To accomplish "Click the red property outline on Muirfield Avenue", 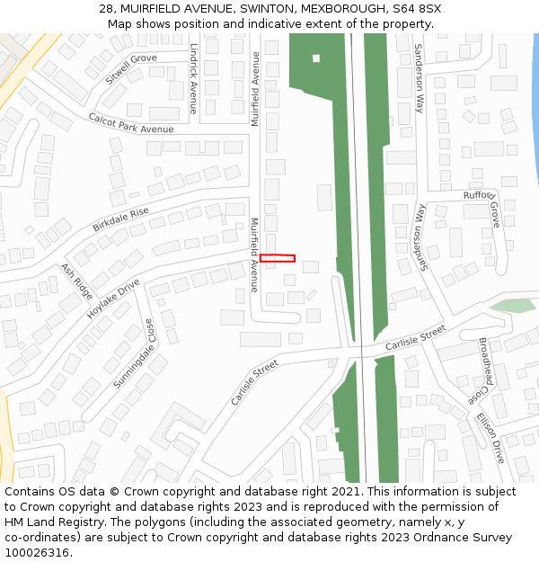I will (x=278, y=258).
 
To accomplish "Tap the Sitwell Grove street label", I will (x=130, y=68).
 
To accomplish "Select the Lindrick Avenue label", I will (x=193, y=81).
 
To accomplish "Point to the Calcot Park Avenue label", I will (x=130, y=123).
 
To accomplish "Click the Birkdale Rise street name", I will (x=120, y=219).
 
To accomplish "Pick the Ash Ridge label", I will (x=76, y=281).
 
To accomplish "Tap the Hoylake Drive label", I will (x=113, y=299).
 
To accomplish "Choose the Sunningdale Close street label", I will (x=134, y=354).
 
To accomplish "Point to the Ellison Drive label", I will (x=490, y=437).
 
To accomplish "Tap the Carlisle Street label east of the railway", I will (x=415, y=338).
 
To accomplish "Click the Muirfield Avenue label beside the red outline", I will (x=254, y=254).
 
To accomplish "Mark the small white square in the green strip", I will (x=316, y=58).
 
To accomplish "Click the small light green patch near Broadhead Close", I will (x=513, y=306).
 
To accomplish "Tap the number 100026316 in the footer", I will (x=37, y=553).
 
